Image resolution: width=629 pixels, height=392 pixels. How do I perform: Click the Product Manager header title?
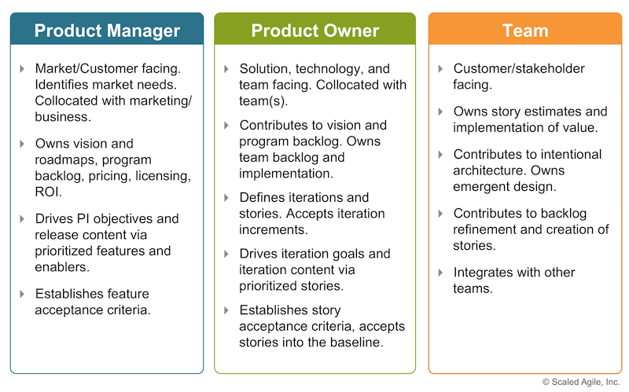pyautogui.click(x=107, y=31)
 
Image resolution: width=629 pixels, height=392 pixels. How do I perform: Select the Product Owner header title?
pyautogui.click(x=314, y=31)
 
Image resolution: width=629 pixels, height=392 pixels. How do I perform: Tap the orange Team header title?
pyautogui.click(x=524, y=31)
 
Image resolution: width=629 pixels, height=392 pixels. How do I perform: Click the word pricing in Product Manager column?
pyautogui.click(x=117, y=177)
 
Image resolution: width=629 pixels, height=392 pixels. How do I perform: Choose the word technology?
pyautogui.click(x=337, y=68)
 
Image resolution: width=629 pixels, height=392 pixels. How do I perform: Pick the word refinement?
pyautogui.click(x=487, y=229)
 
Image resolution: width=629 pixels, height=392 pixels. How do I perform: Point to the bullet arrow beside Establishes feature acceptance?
pyautogui.click(x=22, y=294)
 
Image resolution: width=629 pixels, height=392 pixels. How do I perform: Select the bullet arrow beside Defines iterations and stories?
pyautogui.click(x=226, y=197)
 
